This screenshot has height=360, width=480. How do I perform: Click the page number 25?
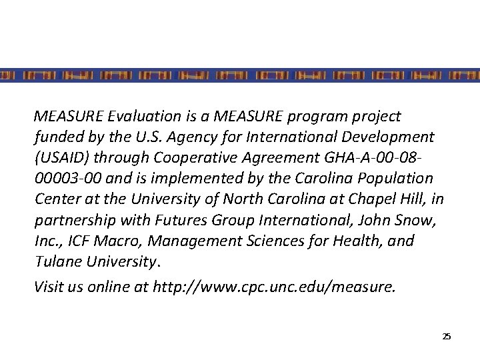coord(447,337)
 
